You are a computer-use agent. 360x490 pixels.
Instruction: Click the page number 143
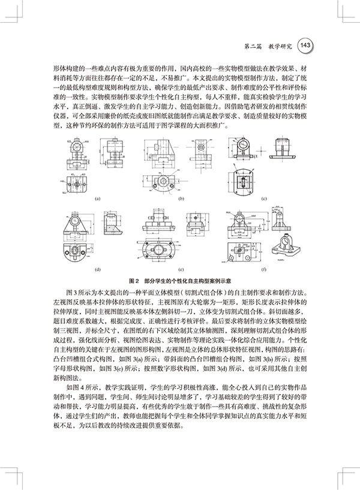[x=304, y=45]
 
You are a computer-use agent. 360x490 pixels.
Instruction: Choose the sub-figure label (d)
[x=97, y=269]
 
